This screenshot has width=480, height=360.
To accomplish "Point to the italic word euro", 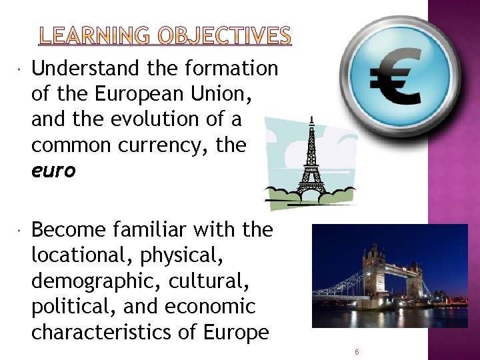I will coord(53,171).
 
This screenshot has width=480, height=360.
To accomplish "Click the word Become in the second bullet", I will coord(69,230).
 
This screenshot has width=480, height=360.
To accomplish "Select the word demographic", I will coord(90,281).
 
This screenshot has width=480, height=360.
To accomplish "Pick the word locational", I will coord(81,256).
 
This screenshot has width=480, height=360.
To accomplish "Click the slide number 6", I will coord(357,351).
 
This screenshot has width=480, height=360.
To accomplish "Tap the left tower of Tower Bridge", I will coord(373,273).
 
